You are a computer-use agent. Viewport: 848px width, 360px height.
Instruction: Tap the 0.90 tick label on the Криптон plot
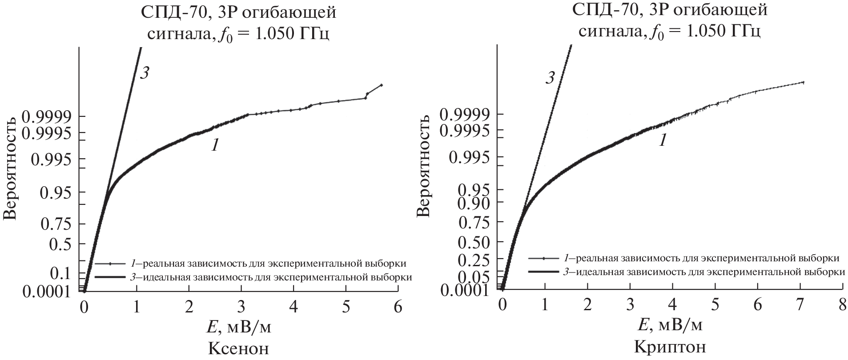coord(475,203)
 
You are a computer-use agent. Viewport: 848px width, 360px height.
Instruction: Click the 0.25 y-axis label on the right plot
coord(475,259)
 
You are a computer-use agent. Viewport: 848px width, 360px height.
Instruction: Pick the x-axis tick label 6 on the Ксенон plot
coord(398,307)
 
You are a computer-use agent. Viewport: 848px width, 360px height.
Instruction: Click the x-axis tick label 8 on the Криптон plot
coord(841,306)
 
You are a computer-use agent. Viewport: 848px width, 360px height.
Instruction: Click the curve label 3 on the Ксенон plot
coord(144,73)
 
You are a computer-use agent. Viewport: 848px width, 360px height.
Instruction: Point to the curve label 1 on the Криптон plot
coord(663,141)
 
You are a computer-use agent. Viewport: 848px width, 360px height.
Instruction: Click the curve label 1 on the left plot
coord(214,145)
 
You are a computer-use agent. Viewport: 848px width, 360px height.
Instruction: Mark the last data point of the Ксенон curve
coord(381,85)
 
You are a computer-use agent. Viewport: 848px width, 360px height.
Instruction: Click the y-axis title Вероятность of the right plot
coord(424,165)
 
